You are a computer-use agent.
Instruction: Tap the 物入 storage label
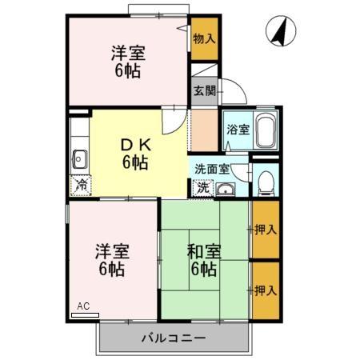pyautogui.click(x=204, y=38)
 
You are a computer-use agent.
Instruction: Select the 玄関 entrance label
pyautogui.click(x=203, y=90)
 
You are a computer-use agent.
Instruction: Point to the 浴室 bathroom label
pyautogui.click(x=238, y=129)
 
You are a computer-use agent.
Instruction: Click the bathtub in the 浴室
pyautogui.click(x=266, y=130)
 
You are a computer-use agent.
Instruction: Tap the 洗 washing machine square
pyautogui.click(x=203, y=187)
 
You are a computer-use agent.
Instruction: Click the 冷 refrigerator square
pyautogui.click(x=81, y=186)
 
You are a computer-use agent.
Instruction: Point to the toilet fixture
pyautogui.click(x=266, y=183)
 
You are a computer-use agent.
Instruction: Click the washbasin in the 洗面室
pyautogui.click(x=226, y=189)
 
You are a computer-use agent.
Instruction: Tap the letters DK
pyautogui.click(x=134, y=146)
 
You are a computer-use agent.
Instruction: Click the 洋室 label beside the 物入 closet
pyautogui.click(x=126, y=52)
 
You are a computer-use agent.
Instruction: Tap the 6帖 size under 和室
pyautogui.click(x=205, y=269)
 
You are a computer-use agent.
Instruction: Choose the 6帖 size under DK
pyautogui.click(x=134, y=162)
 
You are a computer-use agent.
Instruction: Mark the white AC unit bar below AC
pyautogui.click(x=85, y=315)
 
